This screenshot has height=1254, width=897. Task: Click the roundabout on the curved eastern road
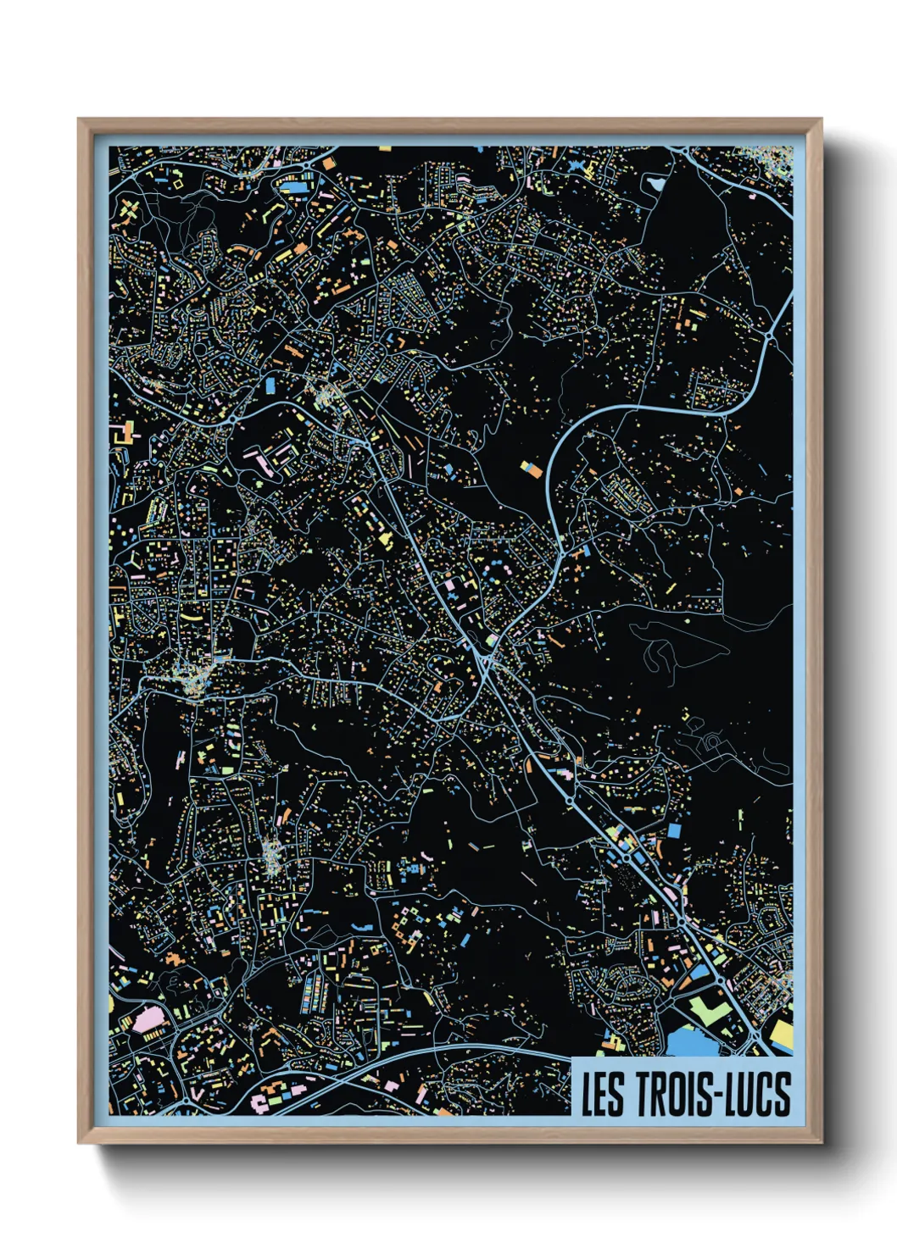pyautogui.click(x=769, y=338)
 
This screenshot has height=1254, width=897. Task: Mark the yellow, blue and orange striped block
pyautogui.click(x=530, y=468)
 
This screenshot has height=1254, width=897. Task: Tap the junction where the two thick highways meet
pyautogui.click(x=487, y=657)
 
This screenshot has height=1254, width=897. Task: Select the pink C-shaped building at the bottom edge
pyautogui.click(x=259, y=1102)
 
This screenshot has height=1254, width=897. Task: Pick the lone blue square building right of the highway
pyautogui.click(x=675, y=830)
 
